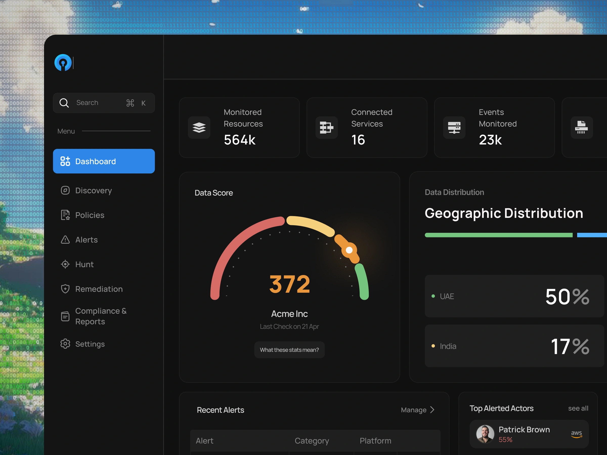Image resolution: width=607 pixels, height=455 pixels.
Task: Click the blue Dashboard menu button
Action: click(x=104, y=161)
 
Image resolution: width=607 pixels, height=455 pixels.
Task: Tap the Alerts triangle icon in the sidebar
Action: click(x=65, y=239)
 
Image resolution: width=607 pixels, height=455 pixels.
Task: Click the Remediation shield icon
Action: click(x=65, y=289)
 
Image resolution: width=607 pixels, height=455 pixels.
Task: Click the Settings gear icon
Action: click(x=65, y=344)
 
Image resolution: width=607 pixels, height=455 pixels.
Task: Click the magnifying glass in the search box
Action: click(x=64, y=103)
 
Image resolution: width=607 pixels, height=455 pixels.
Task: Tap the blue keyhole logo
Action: click(x=63, y=62)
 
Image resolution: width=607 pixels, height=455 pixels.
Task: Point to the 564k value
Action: click(x=240, y=140)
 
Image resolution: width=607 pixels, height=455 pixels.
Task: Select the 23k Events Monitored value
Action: click(x=490, y=140)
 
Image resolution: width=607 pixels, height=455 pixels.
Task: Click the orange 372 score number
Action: click(x=290, y=284)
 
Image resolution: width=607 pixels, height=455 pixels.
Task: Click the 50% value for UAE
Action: click(x=567, y=297)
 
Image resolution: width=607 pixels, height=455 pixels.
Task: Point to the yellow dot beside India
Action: click(x=433, y=346)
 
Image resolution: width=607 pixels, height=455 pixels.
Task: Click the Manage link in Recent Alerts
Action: click(x=414, y=410)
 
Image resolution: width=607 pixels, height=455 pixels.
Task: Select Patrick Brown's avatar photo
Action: click(x=485, y=434)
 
